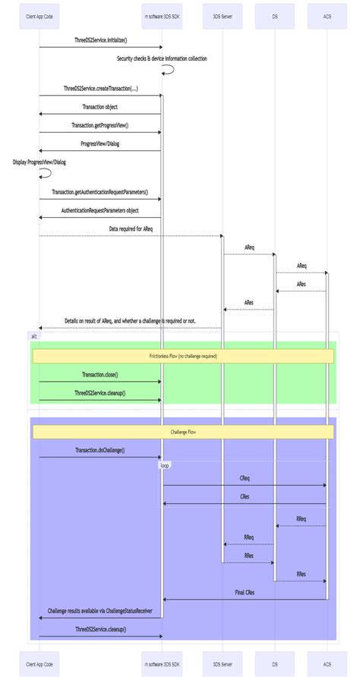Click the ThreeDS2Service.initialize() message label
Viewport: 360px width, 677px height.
click(x=100, y=39)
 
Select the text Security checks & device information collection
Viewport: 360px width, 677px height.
click(x=161, y=58)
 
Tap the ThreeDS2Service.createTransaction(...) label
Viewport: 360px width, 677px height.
click(x=100, y=88)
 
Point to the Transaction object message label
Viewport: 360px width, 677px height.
click(x=100, y=107)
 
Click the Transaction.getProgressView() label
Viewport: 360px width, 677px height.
click(x=100, y=125)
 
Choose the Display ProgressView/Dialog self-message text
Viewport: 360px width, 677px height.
click(x=39, y=162)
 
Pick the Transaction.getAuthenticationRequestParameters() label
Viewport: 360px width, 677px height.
click(x=100, y=192)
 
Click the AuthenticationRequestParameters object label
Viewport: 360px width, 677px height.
click(x=100, y=210)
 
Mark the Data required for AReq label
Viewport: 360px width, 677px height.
click(x=131, y=228)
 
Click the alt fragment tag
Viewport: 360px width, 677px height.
click(x=33, y=335)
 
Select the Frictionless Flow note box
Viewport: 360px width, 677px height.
click(x=182, y=355)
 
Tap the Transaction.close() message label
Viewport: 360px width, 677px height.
click(x=100, y=374)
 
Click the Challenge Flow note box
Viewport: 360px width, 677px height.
click(x=182, y=431)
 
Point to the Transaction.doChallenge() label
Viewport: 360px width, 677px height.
click(x=100, y=450)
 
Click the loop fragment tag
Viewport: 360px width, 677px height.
click(x=165, y=465)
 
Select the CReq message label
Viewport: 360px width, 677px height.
click(x=245, y=478)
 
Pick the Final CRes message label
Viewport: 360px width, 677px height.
click(x=245, y=592)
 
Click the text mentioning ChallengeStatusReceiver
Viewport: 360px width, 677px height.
click(x=100, y=610)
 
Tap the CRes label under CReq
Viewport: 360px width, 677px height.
click(x=245, y=496)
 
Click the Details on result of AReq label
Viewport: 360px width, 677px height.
click(x=131, y=321)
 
